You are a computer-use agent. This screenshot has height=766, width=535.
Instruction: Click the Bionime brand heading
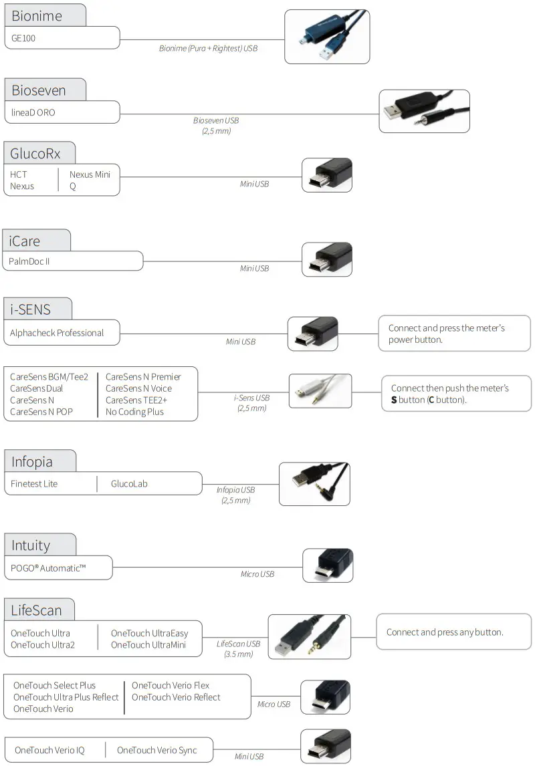pos(37,16)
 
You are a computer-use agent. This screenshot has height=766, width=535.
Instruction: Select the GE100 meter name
pos(23,38)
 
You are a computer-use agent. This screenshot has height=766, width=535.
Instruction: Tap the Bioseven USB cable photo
pos(424,111)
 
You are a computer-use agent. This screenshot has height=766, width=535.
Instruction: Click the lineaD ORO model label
pos(33,112)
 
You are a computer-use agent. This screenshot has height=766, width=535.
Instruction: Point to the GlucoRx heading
pos(35,154)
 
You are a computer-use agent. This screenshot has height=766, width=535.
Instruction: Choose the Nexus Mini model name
pos(90,174)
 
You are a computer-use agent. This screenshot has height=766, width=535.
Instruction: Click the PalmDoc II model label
pos(29,261)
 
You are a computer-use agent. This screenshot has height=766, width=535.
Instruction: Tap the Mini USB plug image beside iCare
pos(327,259)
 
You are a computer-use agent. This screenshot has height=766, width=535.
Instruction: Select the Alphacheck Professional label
pos(57,333)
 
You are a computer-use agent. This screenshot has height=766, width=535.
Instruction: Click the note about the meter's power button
pos(447,334)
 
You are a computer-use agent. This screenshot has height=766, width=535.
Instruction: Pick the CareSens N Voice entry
pos(138,388)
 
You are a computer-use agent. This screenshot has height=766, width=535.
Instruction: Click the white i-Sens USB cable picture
pos(320,391)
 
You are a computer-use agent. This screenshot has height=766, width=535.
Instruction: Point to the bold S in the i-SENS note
pos(394,400)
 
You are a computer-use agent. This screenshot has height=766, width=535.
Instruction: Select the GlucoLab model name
pos(129,484)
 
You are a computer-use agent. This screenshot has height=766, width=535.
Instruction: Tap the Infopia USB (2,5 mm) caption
pos(235,495)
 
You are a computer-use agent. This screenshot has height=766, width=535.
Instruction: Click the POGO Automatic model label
pos(48,567)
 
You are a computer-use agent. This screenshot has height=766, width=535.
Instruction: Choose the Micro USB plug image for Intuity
pos(327,565)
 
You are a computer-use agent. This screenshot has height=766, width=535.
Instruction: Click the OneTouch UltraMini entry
pos(148,645)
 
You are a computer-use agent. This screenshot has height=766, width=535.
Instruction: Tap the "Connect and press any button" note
pos(445,632)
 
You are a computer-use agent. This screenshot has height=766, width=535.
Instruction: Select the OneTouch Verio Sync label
pos(157,750)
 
